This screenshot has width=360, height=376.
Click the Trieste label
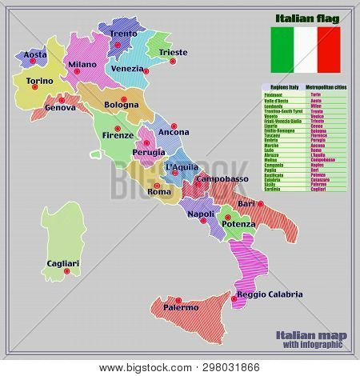(x=174, y=53)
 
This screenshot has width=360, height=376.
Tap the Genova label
(x=61, y=107)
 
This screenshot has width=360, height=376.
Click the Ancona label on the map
(x=174, y=131)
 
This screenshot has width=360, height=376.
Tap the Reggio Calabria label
(x=270, y=295)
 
